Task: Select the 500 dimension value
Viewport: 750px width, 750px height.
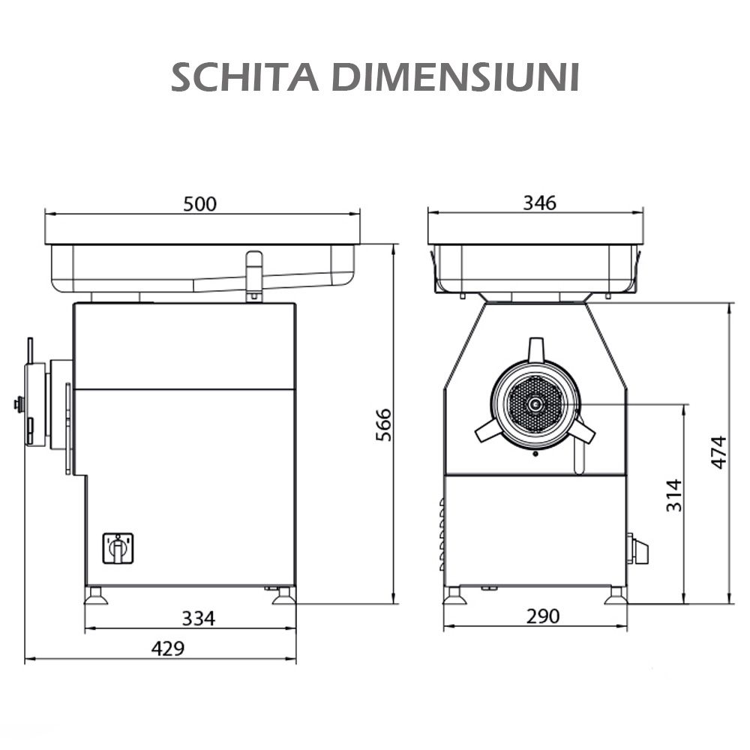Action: tap(199, 204)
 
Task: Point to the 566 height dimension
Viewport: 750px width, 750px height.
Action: tap(383, 425)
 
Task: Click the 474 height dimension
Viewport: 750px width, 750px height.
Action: tap(718, 452)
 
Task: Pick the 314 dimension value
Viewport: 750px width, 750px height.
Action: tap(674, 495)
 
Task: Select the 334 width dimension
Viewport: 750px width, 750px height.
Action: tap(199, 619)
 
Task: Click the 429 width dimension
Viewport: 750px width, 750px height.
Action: tap(167, 649)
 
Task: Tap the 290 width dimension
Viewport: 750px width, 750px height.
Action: tap(542, 616)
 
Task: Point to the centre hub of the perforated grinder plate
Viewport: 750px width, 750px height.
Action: tap(535, 406)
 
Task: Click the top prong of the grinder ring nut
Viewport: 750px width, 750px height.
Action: tap(535, 349)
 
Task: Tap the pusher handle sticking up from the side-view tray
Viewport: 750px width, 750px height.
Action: tap(254, 274)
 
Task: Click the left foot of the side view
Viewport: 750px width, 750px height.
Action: tap(94, 596)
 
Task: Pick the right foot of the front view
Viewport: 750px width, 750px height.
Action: tap(616, 596)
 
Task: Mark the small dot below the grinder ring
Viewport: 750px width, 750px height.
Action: tap(535, 454)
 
